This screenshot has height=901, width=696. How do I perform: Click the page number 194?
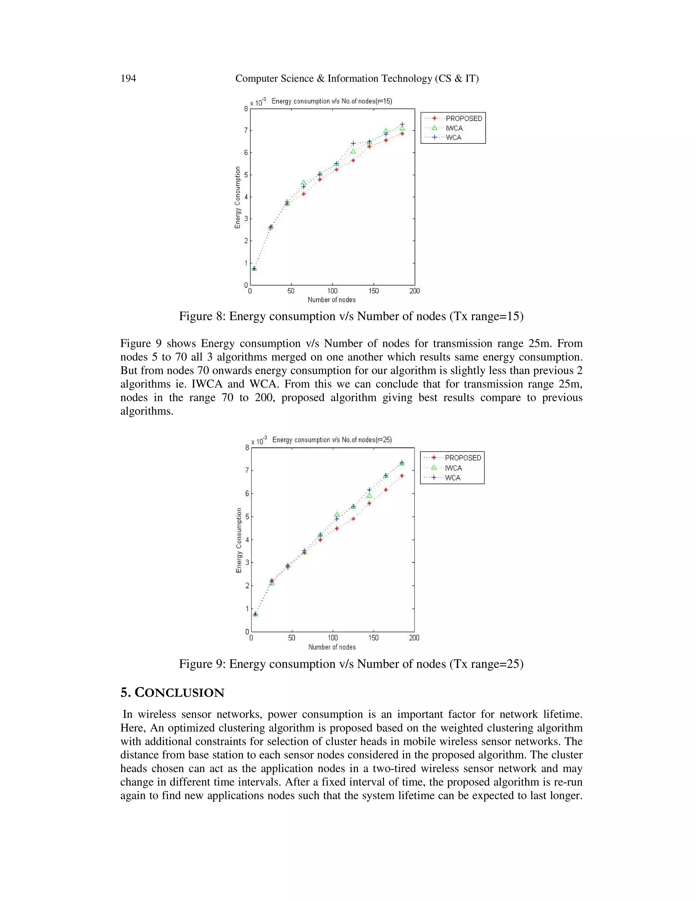tap(128, 79)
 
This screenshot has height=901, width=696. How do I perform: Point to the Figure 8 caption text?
tap(351, 317)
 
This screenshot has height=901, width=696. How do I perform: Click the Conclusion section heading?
tap(172, 693)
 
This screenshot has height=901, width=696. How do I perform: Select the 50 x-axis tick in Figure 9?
tap(292, 638)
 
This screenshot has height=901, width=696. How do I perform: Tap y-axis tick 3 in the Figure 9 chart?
tap(247, 563)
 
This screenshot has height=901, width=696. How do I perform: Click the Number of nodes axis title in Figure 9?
tap(332, 647)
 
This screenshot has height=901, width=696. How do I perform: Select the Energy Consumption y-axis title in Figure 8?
tap(238, 197)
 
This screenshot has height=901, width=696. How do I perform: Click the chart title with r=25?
tap(332, 440)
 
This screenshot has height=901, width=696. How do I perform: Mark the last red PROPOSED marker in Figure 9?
tap(402, 476)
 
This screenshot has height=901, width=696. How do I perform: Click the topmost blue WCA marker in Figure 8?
tap(402, 124)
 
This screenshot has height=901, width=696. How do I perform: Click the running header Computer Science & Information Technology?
tap(356, 79)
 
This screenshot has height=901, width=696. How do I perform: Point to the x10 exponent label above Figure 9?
tap(259, 441)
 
